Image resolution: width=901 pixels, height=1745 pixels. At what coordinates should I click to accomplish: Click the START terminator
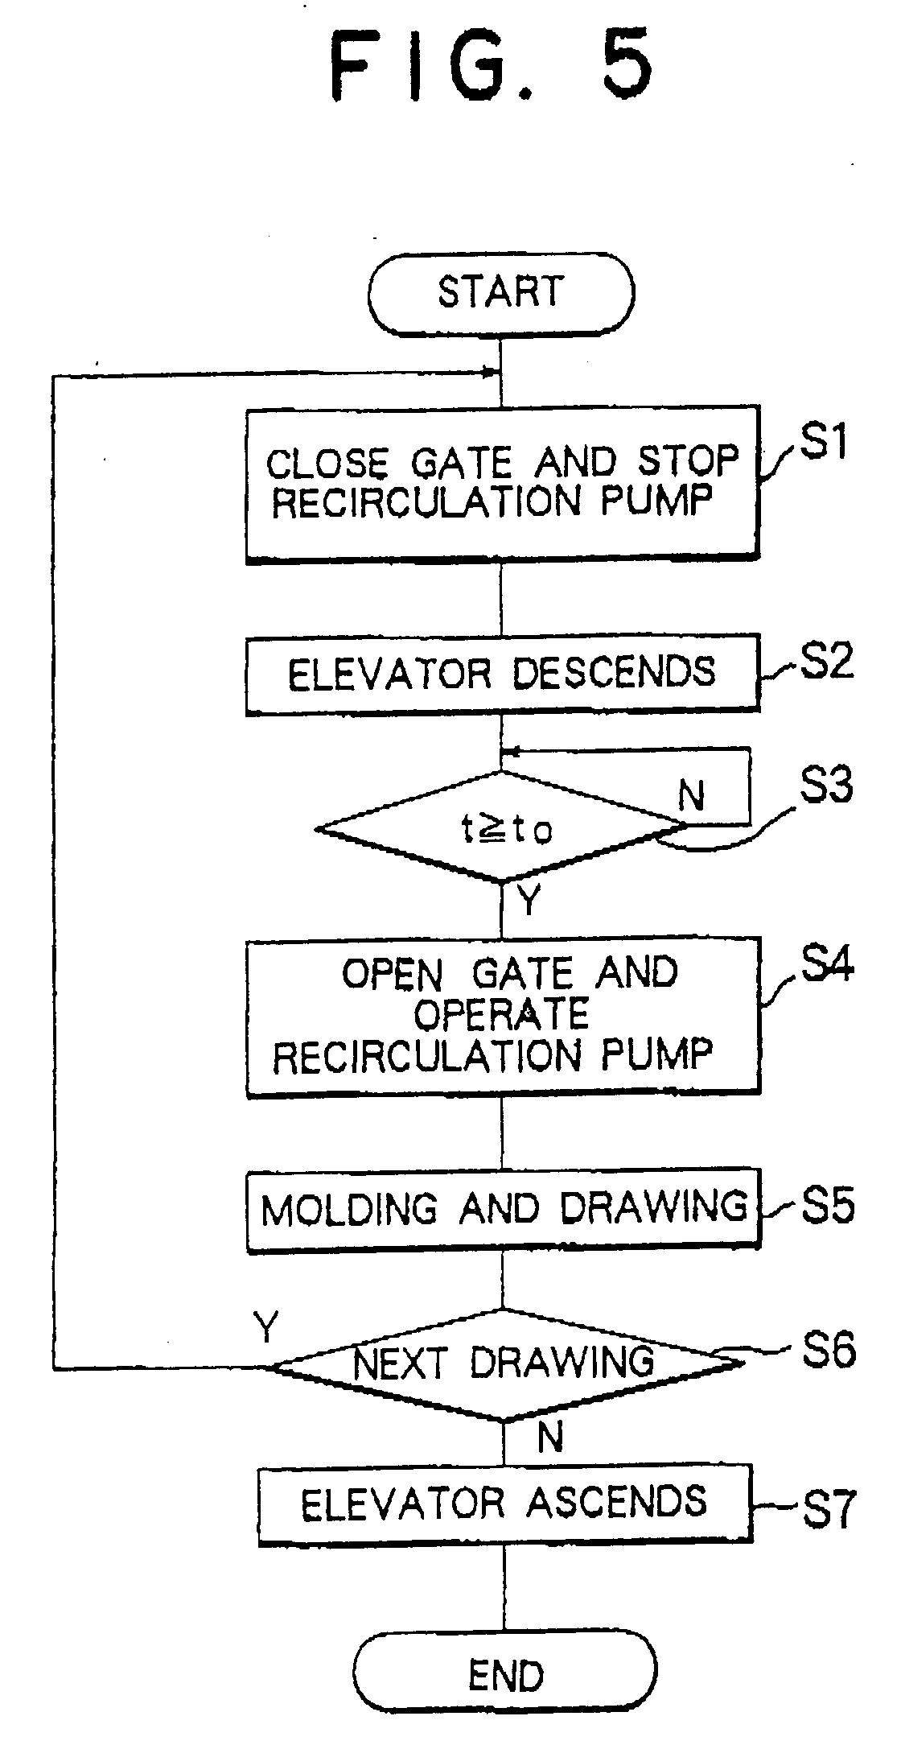point(500,292)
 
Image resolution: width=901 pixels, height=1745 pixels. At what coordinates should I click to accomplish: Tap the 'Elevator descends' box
point(502,673)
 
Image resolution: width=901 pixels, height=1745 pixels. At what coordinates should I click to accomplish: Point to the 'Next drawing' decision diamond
point(505,1363)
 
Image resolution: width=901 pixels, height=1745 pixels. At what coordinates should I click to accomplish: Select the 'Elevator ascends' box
point(505,1504)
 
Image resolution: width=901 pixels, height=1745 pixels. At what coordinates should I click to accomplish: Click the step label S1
point(823,443)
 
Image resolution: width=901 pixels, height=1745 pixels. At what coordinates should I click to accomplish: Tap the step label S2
point(826,662)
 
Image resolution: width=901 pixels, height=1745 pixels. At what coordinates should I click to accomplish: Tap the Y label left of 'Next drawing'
point(265,1326)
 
